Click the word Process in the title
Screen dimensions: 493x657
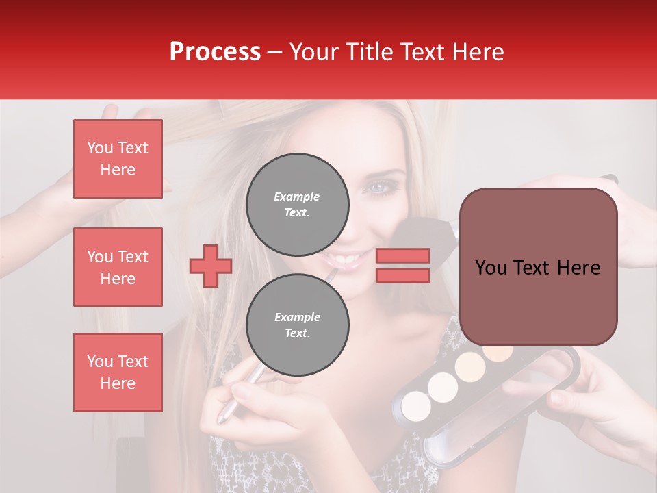pyautogui.click(x=215, y=52)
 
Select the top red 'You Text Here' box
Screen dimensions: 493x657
pyautogui.click(x=118, y=159)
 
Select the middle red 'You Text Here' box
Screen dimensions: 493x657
pyautogui.click(x=118, y=267)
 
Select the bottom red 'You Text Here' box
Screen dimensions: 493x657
pyautogui.click(x=118, y=372)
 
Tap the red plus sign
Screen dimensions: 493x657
pyautogui.click(x=210, y=266)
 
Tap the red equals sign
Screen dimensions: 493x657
pyautogui.click(x=402, y=266)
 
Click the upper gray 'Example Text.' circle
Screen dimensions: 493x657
pyautogui.click(x=297, y=205)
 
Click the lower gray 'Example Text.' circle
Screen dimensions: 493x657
pyautogui.click(x=297, y=325)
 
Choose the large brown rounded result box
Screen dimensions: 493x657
pyautogui.click(x=538, y=267)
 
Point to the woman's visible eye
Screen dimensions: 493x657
pyautogui.click(x=378, y=187)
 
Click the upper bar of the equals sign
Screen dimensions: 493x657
pyautogui.click(x=402, y=255)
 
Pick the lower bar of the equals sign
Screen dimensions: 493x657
pyautogui.click(x=402, y=276)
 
